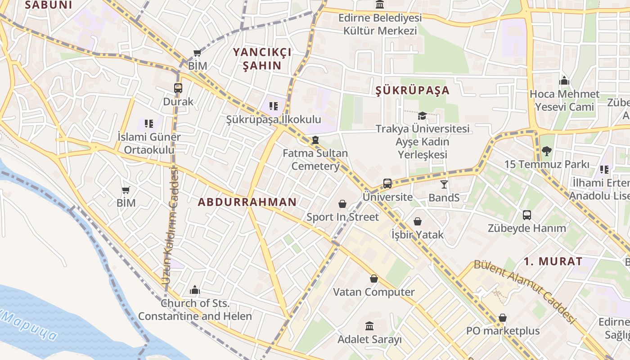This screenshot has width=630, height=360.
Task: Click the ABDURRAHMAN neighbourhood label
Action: pos(247,202)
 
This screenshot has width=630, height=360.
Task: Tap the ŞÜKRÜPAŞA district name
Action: pos(412,90)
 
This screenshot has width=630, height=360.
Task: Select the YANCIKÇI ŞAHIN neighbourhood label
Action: pos(262,59)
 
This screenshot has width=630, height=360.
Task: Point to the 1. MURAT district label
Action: pos(553,261)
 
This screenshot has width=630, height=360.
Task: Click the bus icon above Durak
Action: pos(178,88)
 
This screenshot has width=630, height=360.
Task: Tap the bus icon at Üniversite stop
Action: pos(387,184)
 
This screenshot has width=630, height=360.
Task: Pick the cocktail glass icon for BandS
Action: pos(444,184)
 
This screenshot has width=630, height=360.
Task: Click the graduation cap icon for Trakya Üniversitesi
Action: pos(422,116)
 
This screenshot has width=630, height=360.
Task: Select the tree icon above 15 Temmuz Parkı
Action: pos(547,151)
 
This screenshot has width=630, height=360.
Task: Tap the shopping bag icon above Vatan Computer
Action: pos(373,279)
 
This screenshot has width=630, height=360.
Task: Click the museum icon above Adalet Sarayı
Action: pos(369,326)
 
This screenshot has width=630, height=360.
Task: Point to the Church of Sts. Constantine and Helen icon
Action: pos(195,290)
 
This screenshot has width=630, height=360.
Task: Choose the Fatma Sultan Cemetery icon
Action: pos(315,140)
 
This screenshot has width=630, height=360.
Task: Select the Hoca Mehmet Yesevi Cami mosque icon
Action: pos(564,81)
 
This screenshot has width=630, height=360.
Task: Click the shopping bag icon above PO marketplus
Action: pos(503,318)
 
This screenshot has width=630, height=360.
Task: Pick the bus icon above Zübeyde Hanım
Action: pos(527,215)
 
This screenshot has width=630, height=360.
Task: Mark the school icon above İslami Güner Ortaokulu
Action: pos(149,123)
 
